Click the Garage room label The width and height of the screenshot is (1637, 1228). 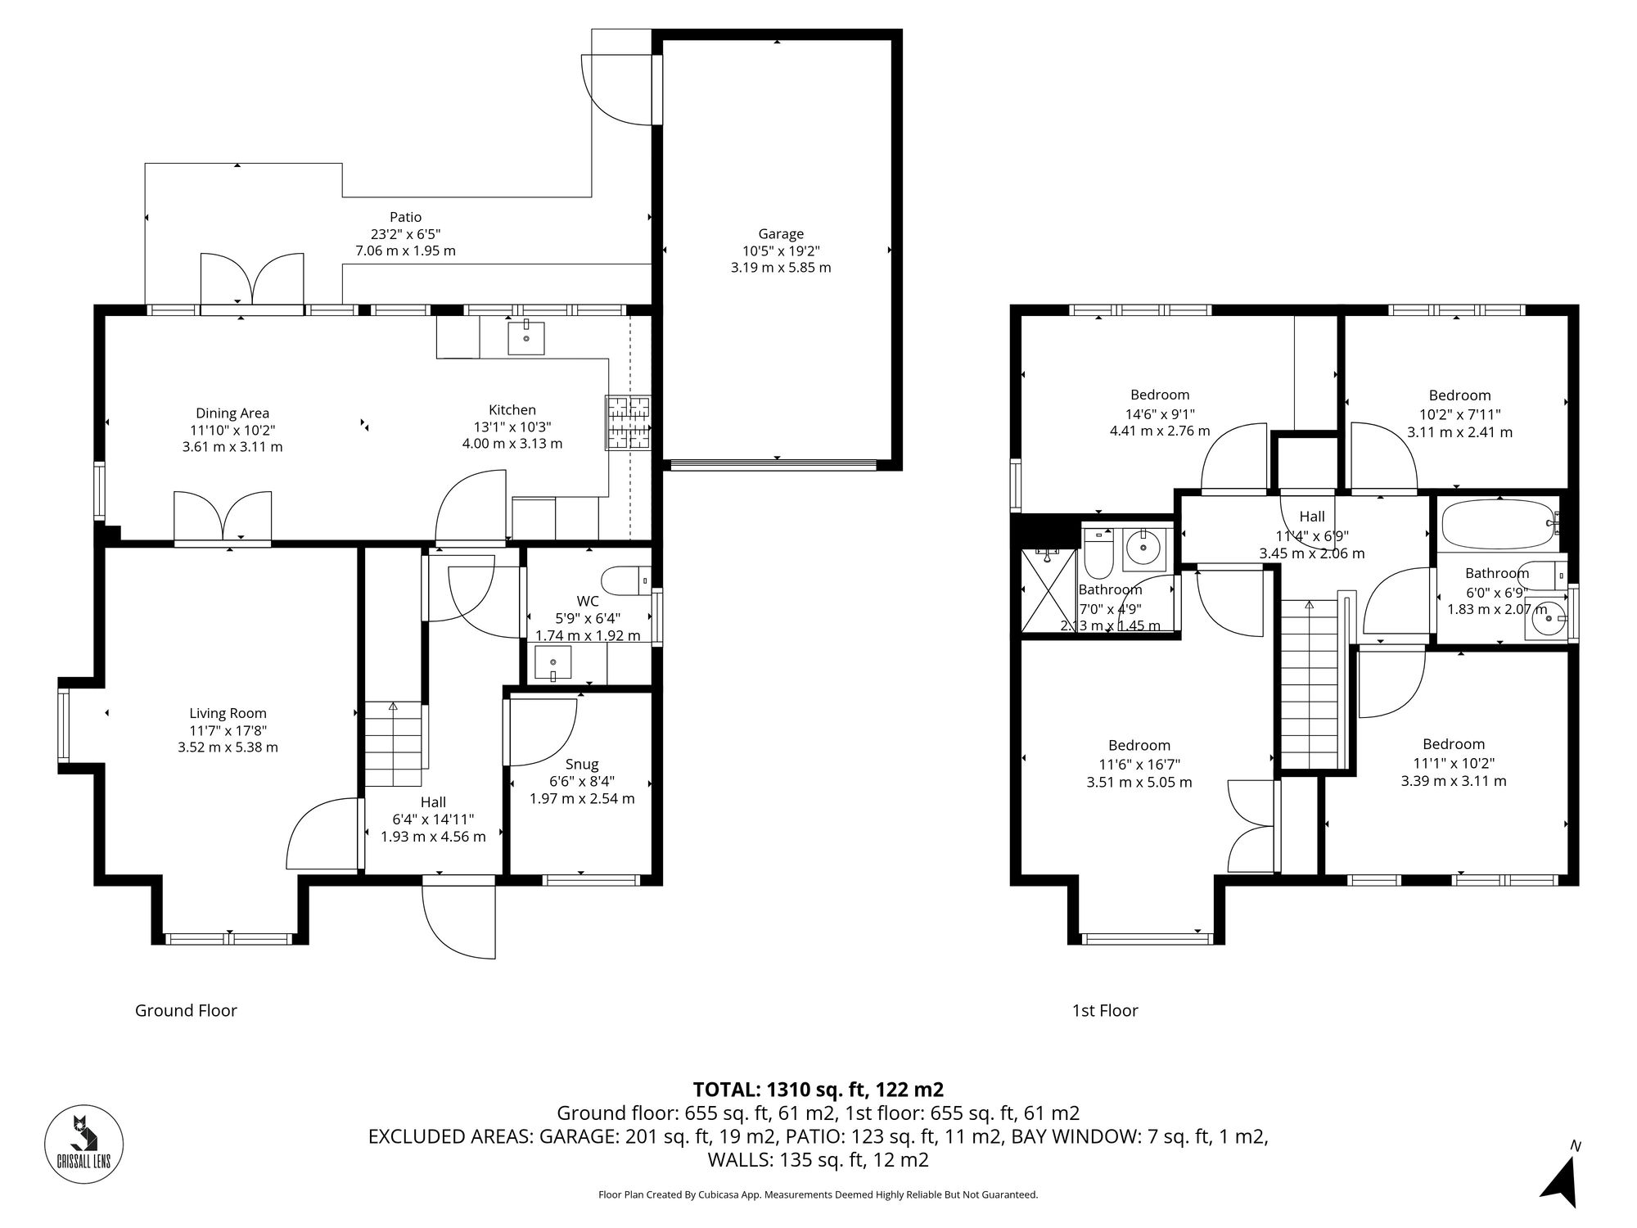[x=780, y=233]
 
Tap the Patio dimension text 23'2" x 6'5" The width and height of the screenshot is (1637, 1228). [x=405, y=234]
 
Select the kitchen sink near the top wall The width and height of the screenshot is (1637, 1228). [x=525, y=337]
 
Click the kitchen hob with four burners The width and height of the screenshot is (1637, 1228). [x=628, y=422]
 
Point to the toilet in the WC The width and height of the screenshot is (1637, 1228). [x=625, y=581]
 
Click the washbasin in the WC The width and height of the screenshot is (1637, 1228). [x=552, y=663]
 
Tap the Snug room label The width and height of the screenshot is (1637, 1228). [x=582, y=764]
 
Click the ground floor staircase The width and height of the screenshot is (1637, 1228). [x=394, y=745]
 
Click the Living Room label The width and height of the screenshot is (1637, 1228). [x=228, y=713]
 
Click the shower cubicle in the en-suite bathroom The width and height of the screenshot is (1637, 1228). [x=1048, y=589]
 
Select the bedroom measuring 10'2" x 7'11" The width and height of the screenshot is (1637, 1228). [x=1459, y=413]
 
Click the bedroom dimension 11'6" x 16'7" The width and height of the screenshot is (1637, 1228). [x=1139, y=764]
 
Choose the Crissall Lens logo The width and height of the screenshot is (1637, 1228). [x=83, y=1144]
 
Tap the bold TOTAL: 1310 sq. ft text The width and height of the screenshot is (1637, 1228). [x=818, y=1090]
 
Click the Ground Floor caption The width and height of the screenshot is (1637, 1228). [x=186, y=1010]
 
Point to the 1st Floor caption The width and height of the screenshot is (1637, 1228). [x=1105, y=1010]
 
